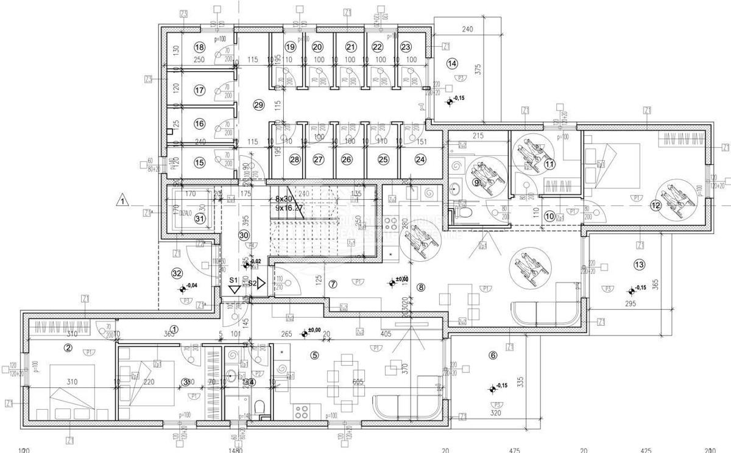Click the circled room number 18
(x=199, y=47)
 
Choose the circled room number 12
(x=655, y=205)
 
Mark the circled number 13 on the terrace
(x=638, y=264)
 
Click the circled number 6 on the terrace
(x=492, y=357)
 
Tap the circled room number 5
(x=314, y=355)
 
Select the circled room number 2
(x=68, y=348)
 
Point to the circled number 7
(x=333, y=284)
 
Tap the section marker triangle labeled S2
(x=260, y=283)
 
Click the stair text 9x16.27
(x=289, y=208)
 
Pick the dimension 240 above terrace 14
(x=467, y=29)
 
